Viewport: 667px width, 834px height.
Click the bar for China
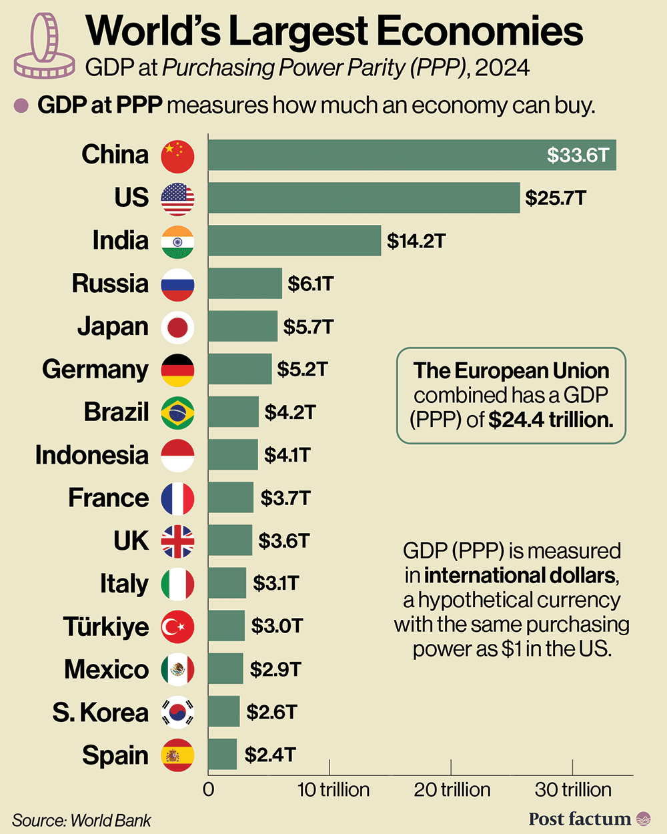click(x=412, y=155)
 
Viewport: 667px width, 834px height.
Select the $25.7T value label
click(x=556, y=198)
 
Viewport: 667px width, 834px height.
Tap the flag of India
click(x=177, y=242)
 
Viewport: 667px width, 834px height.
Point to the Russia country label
click(x=110, y=284)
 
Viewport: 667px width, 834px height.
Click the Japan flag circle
click(x=177, y=327)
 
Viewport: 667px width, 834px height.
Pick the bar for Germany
click(x=239, y=369)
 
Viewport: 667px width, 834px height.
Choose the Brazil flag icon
click(x=177, y=412)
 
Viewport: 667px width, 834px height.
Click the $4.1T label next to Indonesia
click(x=287, y=455)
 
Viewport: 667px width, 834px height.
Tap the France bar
click(x=230, y=498)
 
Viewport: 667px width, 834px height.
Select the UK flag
click(x=177, y=541)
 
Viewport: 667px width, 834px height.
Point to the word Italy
click(x=124, y=584)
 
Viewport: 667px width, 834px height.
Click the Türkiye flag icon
click(x=177, y=627)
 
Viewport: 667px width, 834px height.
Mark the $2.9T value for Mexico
click(x=275, y=669)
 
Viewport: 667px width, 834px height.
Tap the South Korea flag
click(x=177, y=712)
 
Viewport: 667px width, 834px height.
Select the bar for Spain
click(x=222, y=755)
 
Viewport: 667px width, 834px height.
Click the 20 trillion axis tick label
click(x=452, y=790)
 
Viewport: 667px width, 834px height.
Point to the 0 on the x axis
click(x=209, y=790)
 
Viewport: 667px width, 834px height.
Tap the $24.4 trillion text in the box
click(x=550, y=420)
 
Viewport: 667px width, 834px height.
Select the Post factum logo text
click(x=579, y=819)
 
